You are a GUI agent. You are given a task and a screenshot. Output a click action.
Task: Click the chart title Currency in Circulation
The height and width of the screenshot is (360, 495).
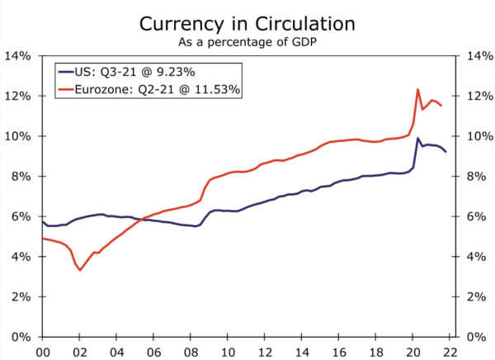click(247, 24)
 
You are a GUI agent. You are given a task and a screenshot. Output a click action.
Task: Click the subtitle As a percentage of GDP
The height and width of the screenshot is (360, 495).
click(247, 42)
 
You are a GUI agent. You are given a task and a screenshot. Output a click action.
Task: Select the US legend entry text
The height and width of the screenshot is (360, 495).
click(134, 72)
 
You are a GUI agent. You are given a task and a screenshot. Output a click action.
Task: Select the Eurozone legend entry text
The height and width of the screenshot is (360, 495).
click(158, 89)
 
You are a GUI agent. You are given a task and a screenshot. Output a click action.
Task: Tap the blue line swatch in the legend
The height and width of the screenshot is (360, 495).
click(66, 72)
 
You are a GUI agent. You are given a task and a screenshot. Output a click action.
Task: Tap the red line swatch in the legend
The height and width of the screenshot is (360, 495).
click(66, 89)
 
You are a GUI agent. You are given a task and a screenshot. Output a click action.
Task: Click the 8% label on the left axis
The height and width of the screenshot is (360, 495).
click(21, 177)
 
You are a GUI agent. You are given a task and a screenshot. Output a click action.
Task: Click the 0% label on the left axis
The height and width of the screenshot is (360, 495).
click(21, 337)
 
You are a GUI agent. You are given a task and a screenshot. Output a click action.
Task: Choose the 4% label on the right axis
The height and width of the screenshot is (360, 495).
click(477, 257)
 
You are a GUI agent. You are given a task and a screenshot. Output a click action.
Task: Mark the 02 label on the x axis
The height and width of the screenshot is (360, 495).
click(79, 352)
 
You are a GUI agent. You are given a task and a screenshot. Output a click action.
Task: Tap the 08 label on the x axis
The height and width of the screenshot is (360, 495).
click(191, 352)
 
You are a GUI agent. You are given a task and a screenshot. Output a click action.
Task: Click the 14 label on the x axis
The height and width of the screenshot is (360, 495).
click(302, 352)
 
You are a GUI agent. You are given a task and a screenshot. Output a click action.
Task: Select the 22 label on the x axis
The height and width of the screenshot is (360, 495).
click(450, 352)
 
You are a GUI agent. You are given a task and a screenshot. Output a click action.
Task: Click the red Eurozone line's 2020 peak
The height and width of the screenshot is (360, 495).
click(417, 89)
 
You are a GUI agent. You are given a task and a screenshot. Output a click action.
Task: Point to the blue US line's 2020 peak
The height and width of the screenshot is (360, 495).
click(417, 138)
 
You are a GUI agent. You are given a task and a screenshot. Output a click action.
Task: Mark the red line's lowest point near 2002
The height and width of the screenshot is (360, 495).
click(80, 270)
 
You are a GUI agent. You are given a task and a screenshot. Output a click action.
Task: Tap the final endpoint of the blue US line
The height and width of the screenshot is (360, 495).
click(445, 152)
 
